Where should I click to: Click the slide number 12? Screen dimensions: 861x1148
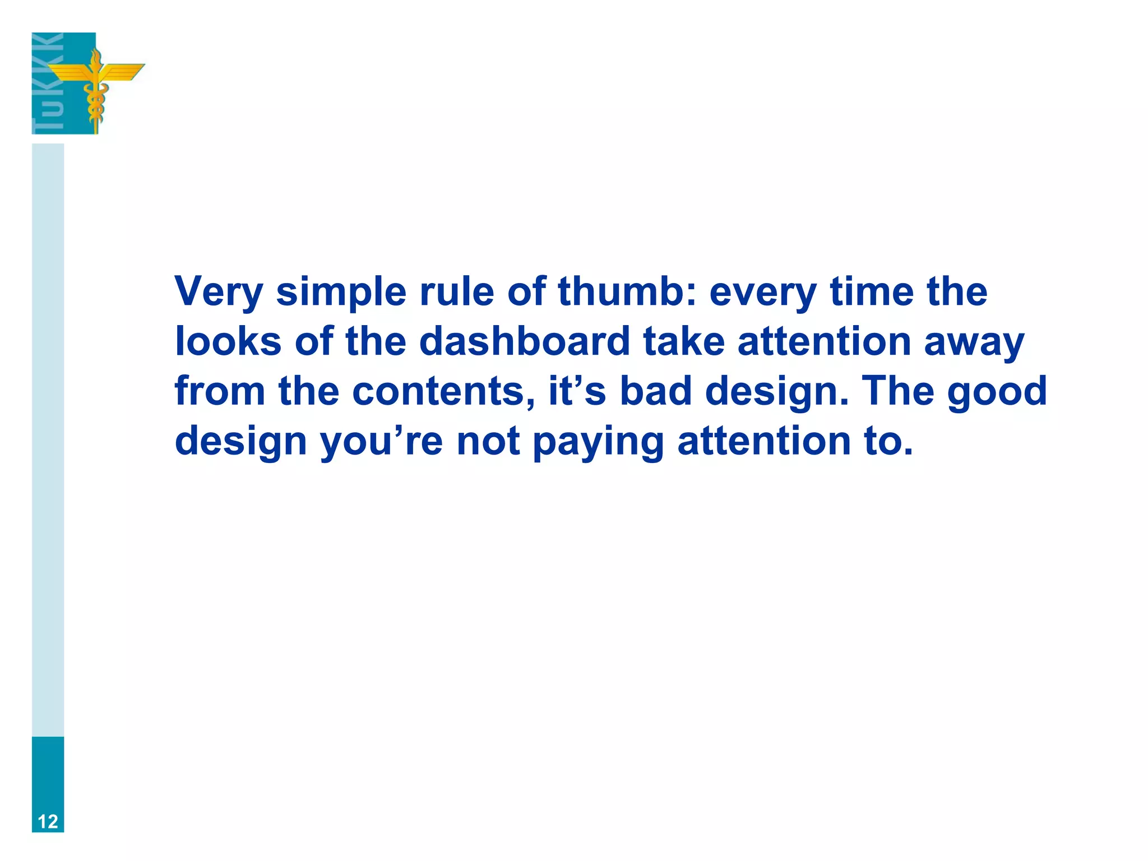click(x=48, y=821)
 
